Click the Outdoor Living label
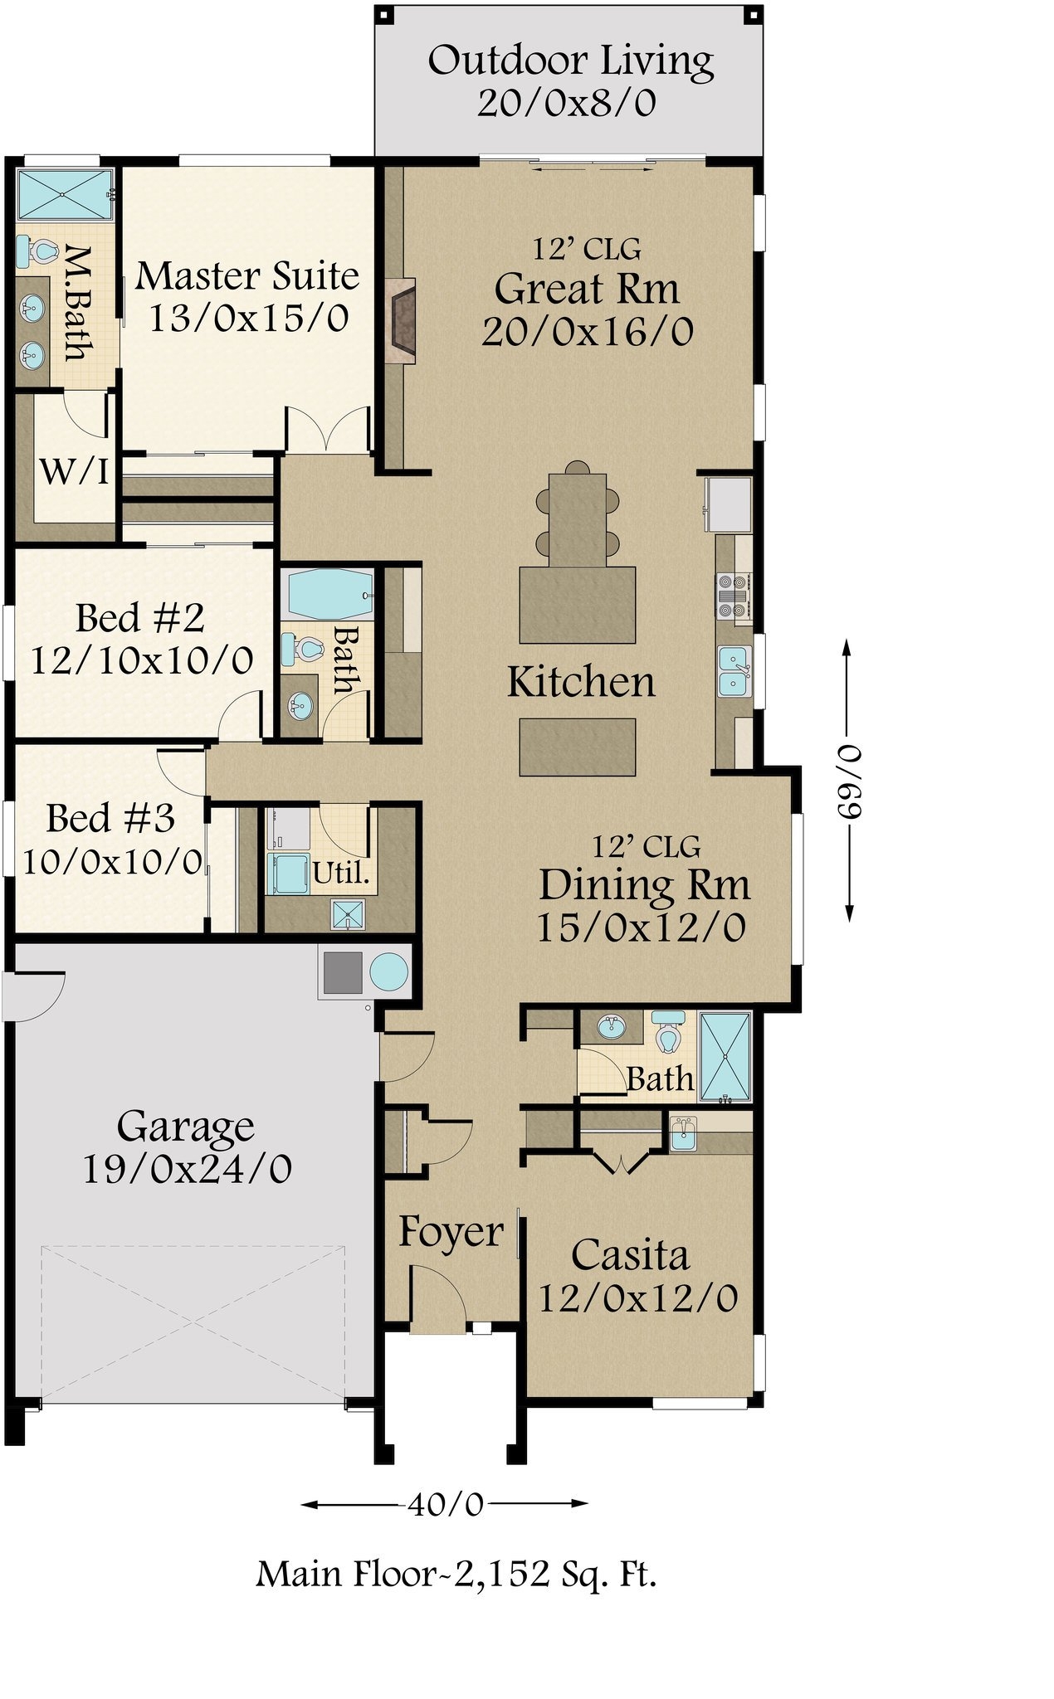coord(570,61)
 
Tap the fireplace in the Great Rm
coord(401,319)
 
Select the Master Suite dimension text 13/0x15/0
coord(248,319)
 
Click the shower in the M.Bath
coord(65,195)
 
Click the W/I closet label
coord(74,472)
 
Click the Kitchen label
coord(581,682)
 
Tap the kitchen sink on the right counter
coord(734,670)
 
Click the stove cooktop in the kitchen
coord(733,596)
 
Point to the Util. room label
coord(340,874)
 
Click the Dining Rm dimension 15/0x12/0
coord(641,927)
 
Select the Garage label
coord(185,1127)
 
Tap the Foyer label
coord(451,1232)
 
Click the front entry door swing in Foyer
coord(440,1299)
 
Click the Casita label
coord(630,1255)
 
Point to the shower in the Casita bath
coord(725,1056)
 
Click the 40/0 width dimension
coord(445,1504)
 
